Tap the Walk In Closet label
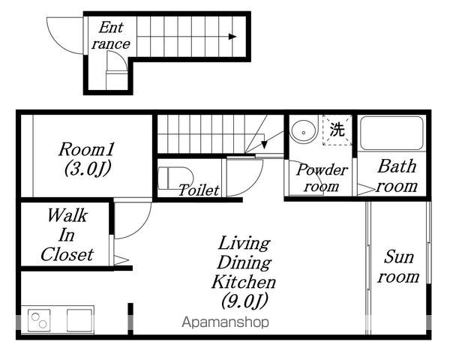click(x=67, y=235)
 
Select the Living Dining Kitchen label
click(x=244, y=271)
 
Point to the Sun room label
click(x=399, y=267)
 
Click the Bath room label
click(x=397, y=176)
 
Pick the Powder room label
click(x=322, y=178)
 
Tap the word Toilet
click(x=199, y=190)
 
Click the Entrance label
click(x=111, y=35)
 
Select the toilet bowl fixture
click(x=175, y=178)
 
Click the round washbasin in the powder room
click(x=304, y=131)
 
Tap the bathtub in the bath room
click(x=391, y=133)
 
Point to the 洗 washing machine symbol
click(x=337, y=130)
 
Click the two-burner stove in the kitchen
click(x=39, y=320)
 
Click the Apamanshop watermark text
click(x=226, y=322)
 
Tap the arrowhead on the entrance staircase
click(x=232, y=37)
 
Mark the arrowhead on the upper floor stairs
click(x=264, y=145)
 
